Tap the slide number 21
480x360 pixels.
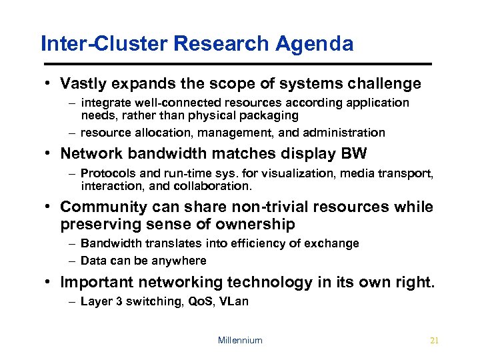point(434,341)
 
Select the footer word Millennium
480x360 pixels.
point(240,341)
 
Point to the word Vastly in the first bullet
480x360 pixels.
point(83,84)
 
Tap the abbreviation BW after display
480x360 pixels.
point(353,154)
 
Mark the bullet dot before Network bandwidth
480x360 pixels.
point(50,154)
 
